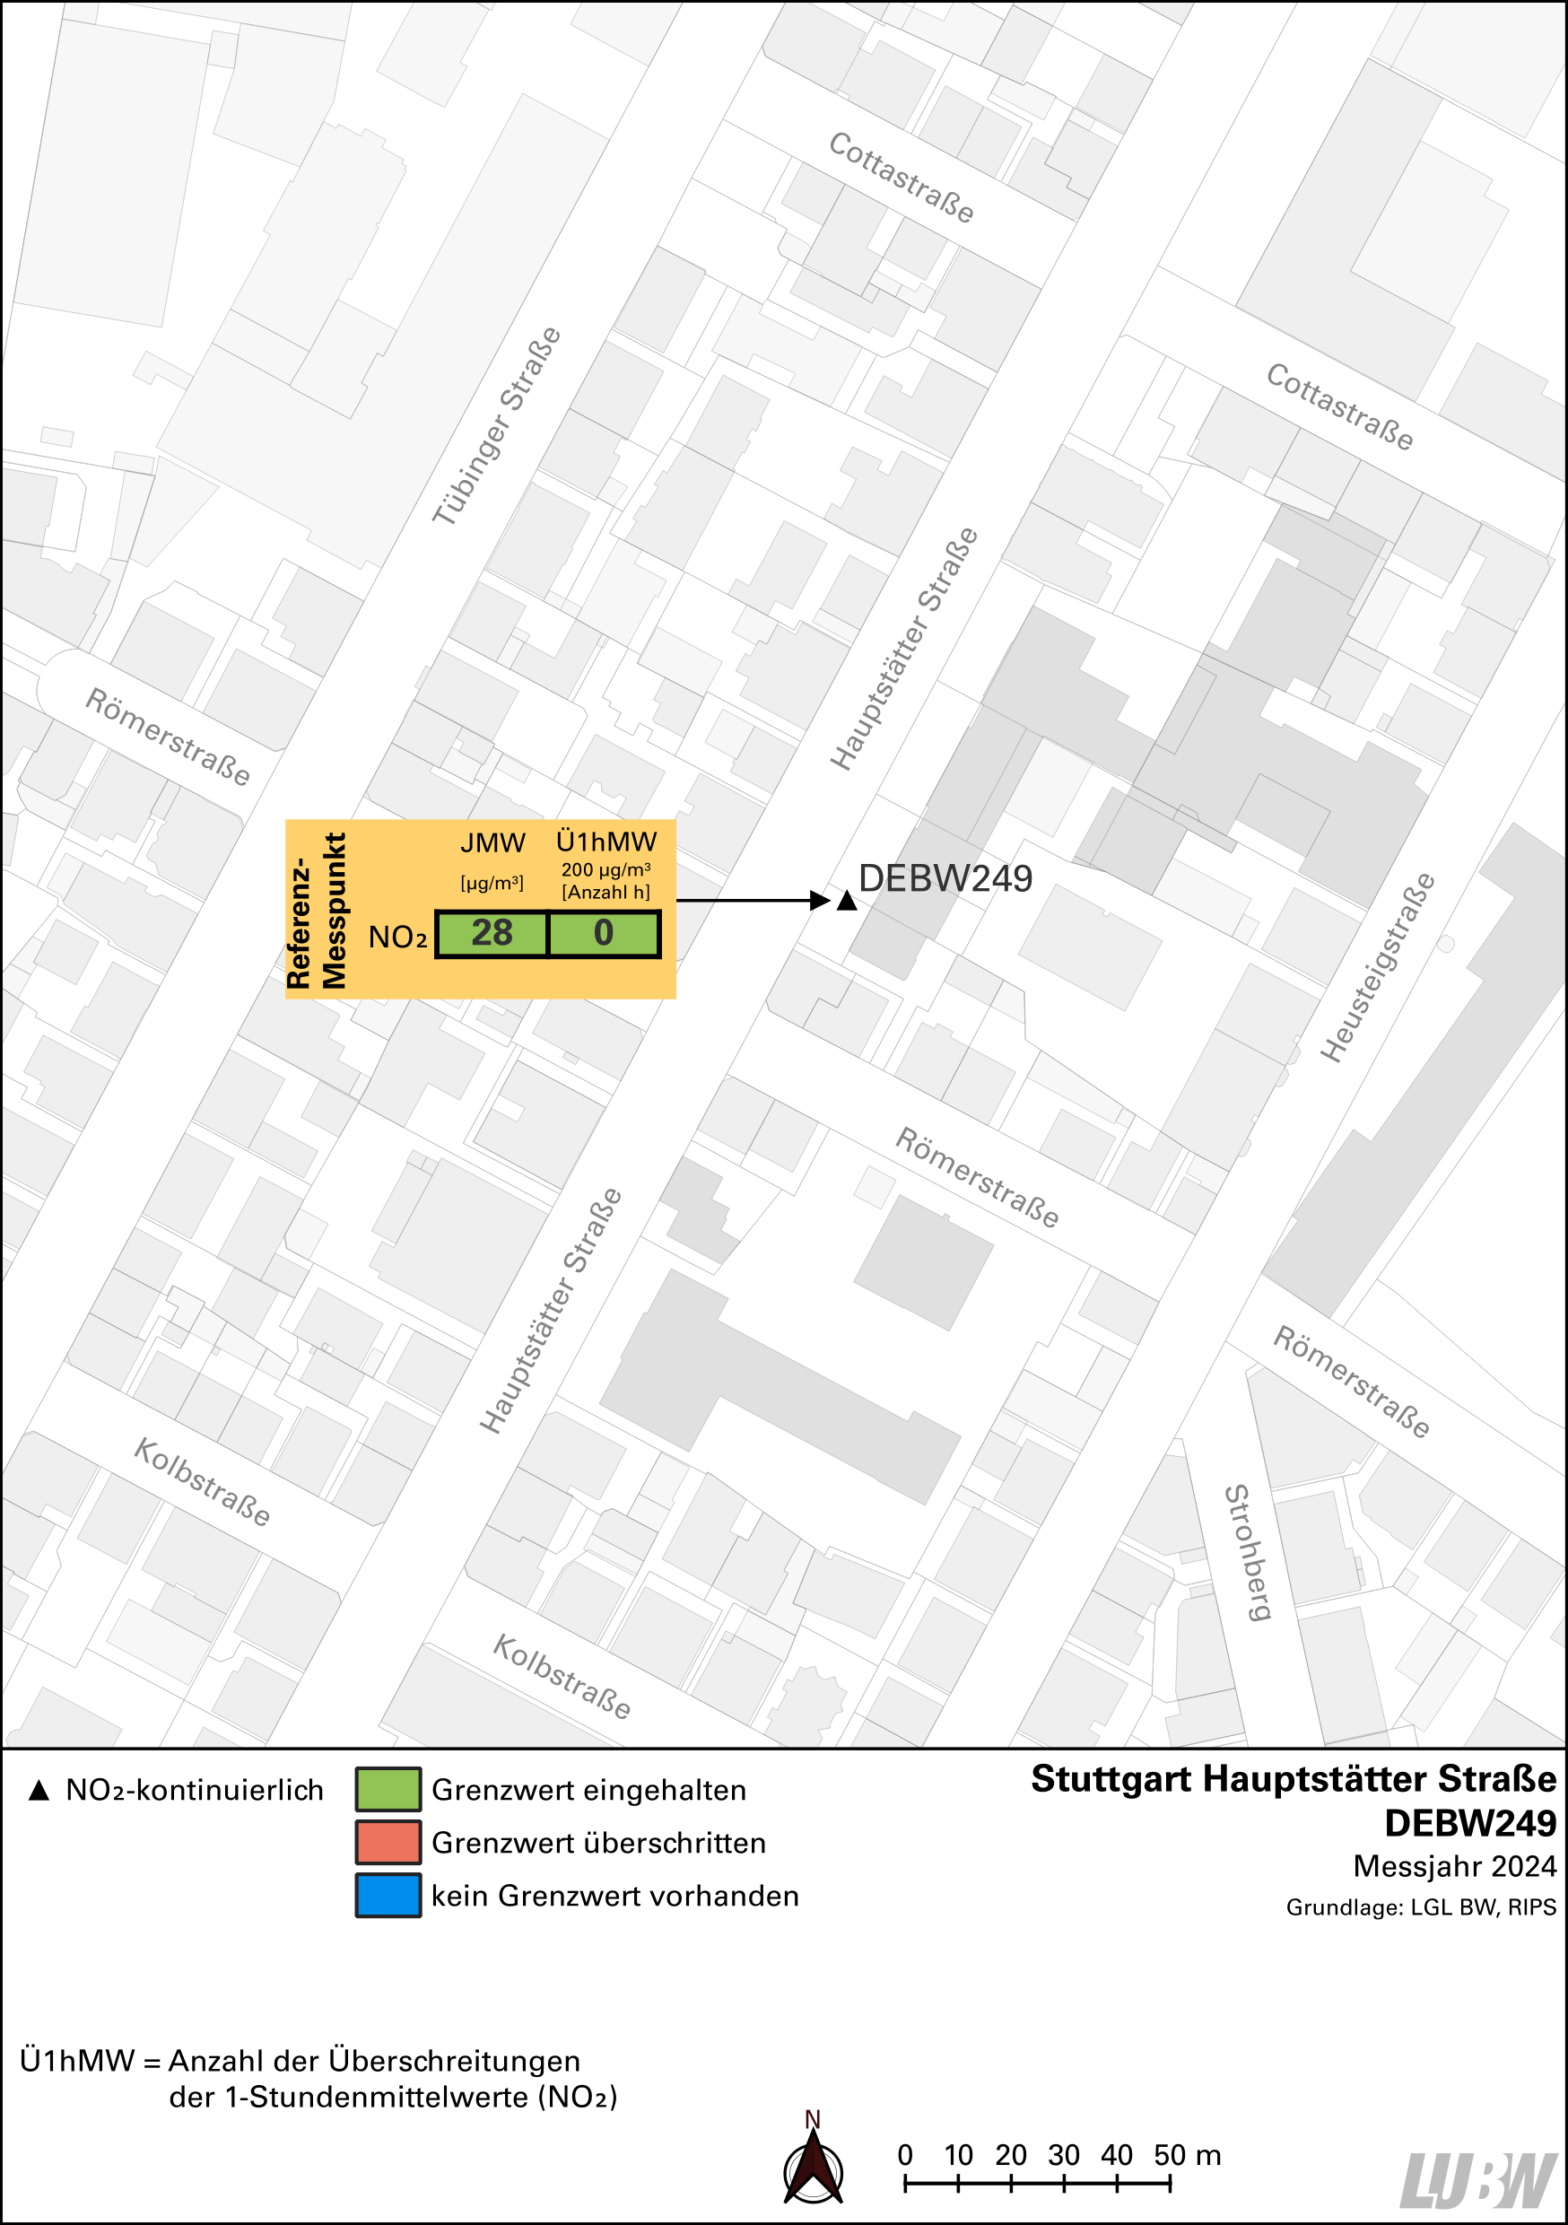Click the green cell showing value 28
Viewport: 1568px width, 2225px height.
[492, 933]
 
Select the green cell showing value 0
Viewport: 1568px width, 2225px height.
[604, 933]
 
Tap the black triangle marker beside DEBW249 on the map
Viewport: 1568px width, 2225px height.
[846, 902]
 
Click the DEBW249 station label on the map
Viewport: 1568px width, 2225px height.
[945, 878]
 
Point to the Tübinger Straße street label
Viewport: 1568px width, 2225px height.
[496, 426]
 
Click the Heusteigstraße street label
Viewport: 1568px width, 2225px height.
[1377, 967]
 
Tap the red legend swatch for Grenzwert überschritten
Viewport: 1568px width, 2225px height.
[388, 1842]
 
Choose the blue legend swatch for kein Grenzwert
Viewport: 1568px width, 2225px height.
[388, 1896]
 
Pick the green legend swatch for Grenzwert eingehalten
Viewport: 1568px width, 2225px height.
[388, 1789]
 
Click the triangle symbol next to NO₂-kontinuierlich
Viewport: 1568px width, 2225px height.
[39, 1790]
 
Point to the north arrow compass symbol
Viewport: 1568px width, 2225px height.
[812, 2168]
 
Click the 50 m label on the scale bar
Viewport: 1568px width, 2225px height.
[1186, 2154]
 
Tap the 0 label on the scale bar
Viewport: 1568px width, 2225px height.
[904, 2154]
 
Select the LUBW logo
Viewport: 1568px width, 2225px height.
[1478, 2179]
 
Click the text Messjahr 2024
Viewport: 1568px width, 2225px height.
[1454, 1866]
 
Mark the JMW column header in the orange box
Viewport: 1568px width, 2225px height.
[492, 843]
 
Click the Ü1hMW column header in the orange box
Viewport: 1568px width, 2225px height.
[605, 842]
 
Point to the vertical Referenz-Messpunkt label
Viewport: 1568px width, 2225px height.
[316, 910]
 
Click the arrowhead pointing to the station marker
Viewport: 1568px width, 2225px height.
[820, 900]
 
